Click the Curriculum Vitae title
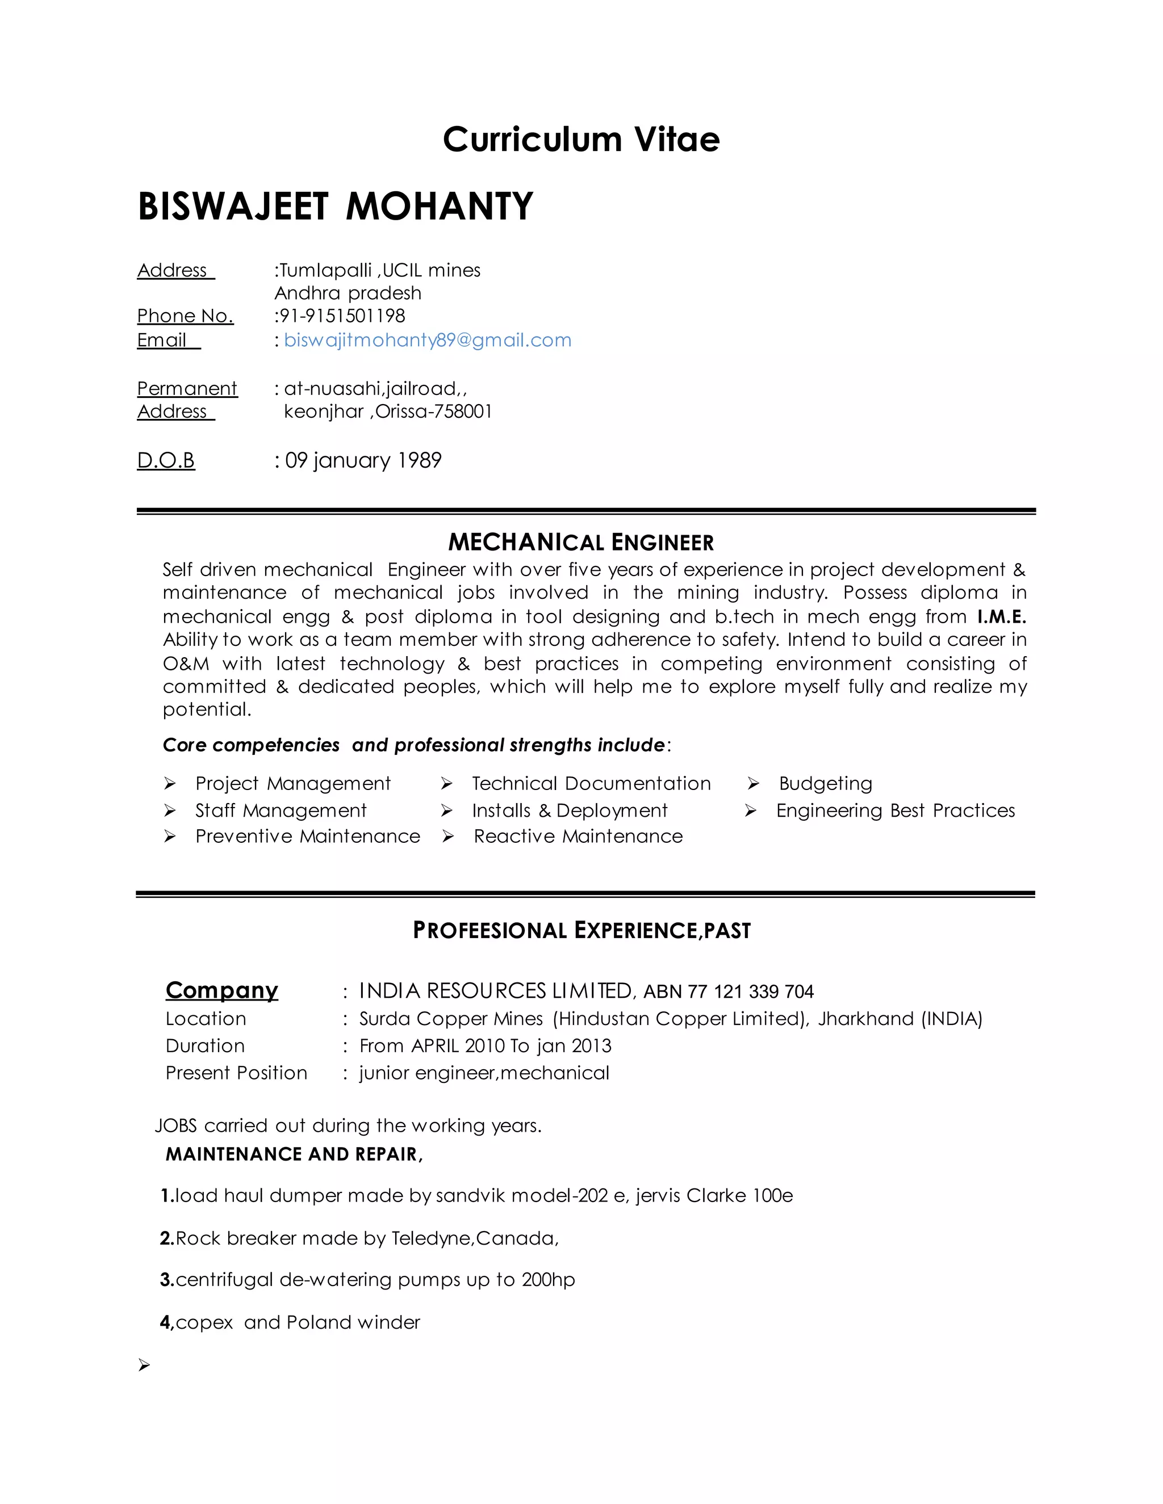tap(581, 140)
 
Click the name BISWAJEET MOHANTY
tap(336, 207)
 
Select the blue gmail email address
tap(427, 340)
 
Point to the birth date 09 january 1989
tap(363, 460)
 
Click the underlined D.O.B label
tap(166, 460)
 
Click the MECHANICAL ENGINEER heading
tap(581, 543)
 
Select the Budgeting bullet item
tap(825, 784)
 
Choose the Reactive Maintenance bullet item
tap(578, 836)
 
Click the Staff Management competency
tap(281, 810)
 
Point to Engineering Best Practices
tap(895, 810)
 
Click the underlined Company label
tap(222, 990)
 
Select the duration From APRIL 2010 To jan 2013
tap(485, 1045)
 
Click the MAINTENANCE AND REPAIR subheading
tap(294, 1154)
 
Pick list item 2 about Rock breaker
tap(359, 1238)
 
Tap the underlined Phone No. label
tap(185, 316)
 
